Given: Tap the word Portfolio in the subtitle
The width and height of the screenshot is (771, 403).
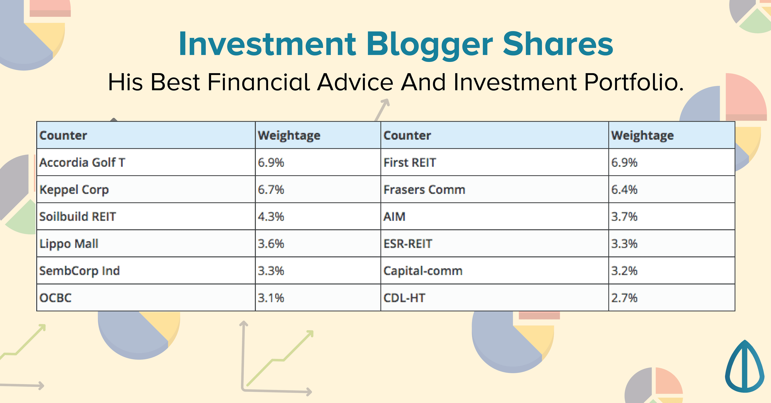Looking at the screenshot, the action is tap(634, 82).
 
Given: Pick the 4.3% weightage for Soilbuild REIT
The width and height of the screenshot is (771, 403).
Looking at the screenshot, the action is tap(271, 217).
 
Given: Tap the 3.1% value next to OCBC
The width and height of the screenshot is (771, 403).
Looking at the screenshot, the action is tap(271, 298).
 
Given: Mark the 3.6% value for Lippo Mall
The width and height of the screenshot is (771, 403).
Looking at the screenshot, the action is tap(271, 244).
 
